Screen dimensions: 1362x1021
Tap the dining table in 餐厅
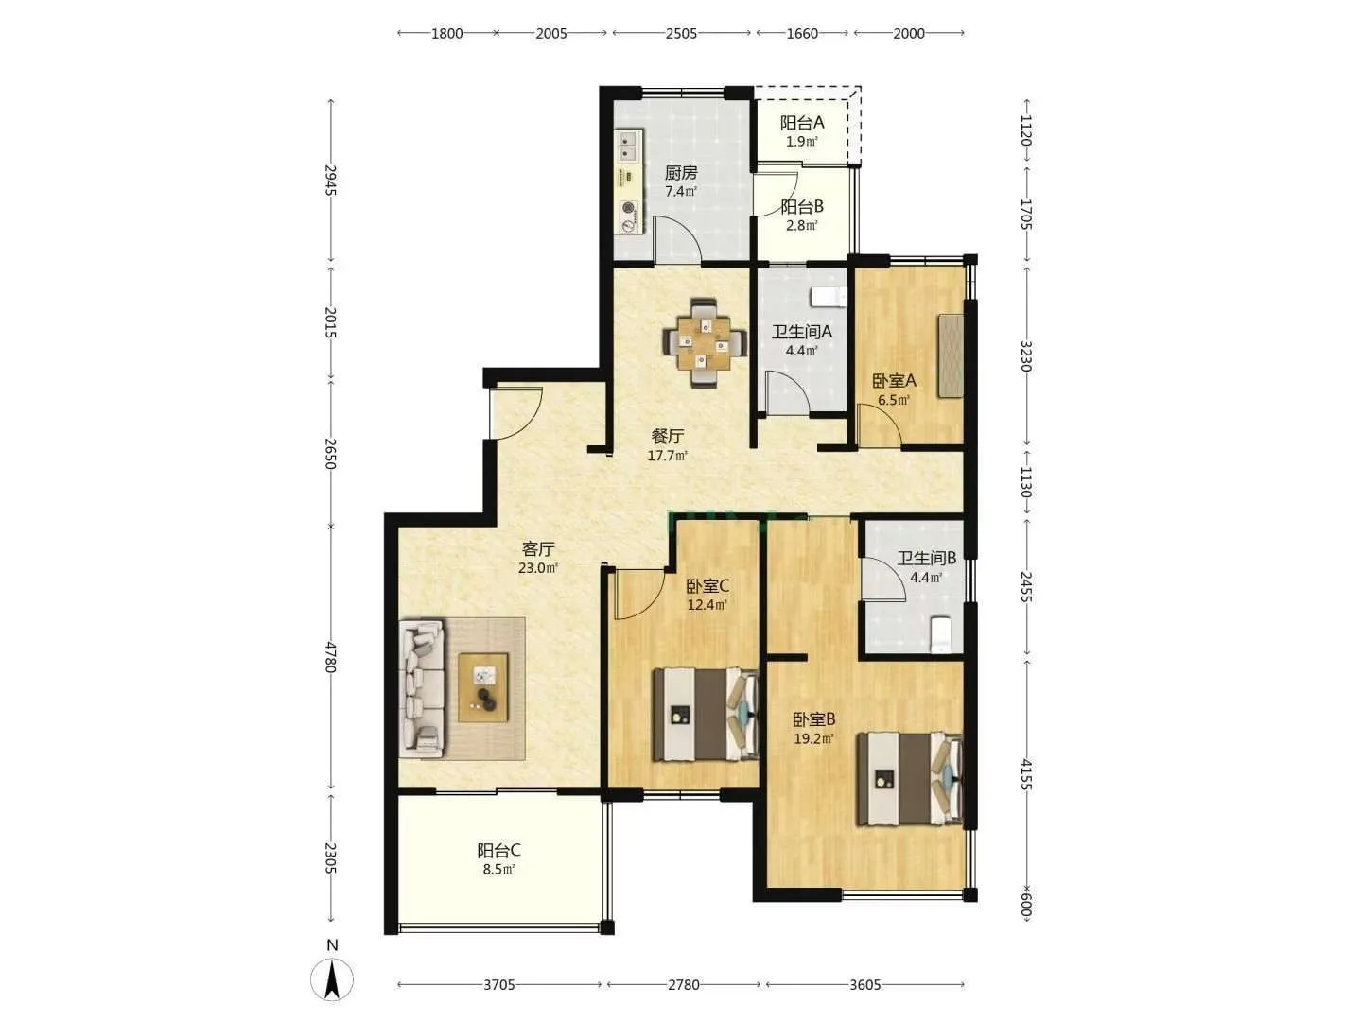pyautogui.click(x=704, y=342)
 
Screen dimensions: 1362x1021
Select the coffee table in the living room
pyautogui.click(x=482, y=687)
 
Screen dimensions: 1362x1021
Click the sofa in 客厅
pyautogui.click(x=422, y=688)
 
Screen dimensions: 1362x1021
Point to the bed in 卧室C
pyautogui.click(x=706, y=714)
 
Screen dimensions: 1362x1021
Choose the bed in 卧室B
pyautogui.click(x=909, y=779)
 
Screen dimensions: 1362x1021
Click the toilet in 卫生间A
pyautogui.click(x=829, y=297)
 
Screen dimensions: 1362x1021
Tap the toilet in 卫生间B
pyautogui.click(x=941, y=634)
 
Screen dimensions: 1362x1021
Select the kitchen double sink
pyautogui.click(x=628, y=146)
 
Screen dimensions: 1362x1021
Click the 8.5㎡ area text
pyautogui.click(x=498, y=869)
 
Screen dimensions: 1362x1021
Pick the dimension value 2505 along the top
pyautogui.click(x=681, y=33)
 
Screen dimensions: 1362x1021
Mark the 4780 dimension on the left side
pyautogui.click(x=331, y=657)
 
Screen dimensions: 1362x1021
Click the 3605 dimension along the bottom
pyautogui.click(x=865, y=984)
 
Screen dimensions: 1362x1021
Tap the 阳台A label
pyautogui.click(x=802, y=123)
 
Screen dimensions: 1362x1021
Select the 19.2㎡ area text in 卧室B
pyautogui.click(x=813, y=738)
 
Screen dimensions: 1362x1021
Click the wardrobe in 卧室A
pyautogui.click(x=951, y=355)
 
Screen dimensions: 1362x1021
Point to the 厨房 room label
pyautogui.click(x=681, y=172)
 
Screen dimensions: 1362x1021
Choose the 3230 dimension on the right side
pyautogui.click(x=1025, y=355)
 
